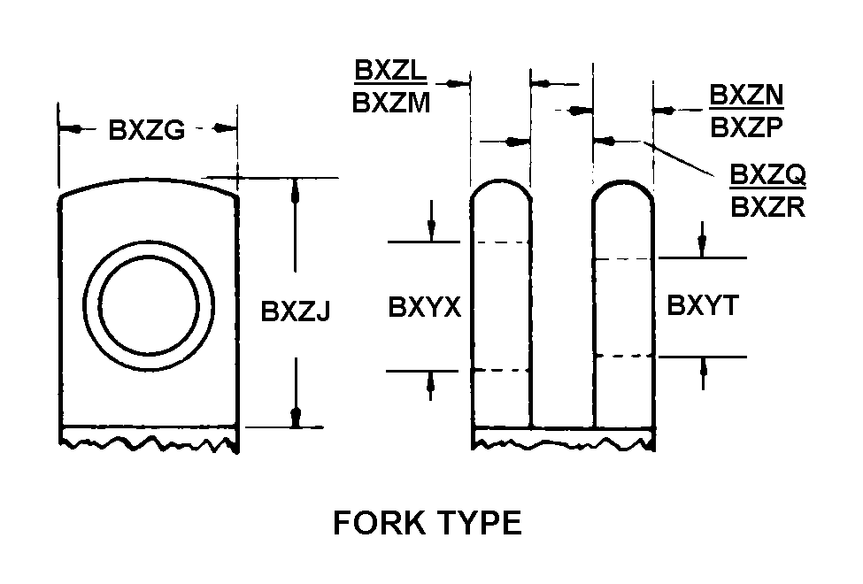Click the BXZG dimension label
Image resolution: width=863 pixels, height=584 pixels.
point(146,130)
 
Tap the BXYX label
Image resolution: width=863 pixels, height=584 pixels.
point(425,307)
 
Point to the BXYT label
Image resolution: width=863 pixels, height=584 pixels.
point(703,306)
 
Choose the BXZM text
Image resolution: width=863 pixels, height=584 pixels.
point(391,103)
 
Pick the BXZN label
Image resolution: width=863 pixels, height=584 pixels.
point(747,95)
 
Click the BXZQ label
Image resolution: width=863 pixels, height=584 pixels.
point(767,176)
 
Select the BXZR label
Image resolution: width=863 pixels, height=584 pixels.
point(767,210)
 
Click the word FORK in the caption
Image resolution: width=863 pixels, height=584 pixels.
point(375,524)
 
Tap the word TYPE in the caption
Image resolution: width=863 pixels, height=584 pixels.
point(475,524)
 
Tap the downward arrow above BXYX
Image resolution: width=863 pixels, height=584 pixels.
point(430,232)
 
